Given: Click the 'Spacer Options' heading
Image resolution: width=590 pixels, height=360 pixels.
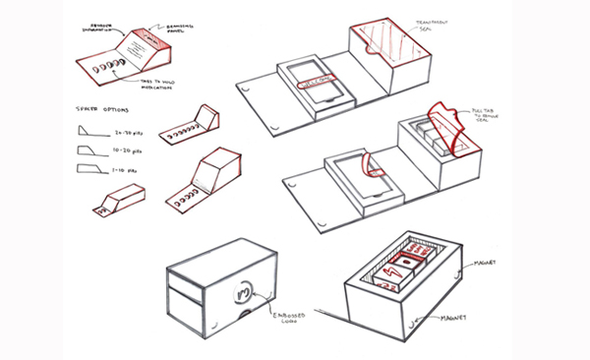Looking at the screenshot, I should (x=98, y=108).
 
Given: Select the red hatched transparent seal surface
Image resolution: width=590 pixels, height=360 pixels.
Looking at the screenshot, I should (x=385, y=45).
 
